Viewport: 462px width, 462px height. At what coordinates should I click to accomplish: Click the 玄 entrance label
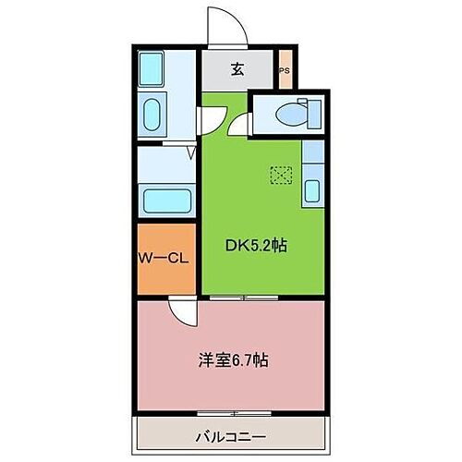coord(237,68)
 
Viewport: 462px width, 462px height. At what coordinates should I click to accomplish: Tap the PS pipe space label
coord(285,70)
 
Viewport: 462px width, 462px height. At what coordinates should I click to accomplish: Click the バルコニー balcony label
coord(231,434)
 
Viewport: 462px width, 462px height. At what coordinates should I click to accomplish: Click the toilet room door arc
coord(242,127)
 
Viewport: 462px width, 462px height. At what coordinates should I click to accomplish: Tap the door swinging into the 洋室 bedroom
coord(182,312)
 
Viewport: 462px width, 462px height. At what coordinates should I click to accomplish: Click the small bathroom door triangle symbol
coord(189,153)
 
